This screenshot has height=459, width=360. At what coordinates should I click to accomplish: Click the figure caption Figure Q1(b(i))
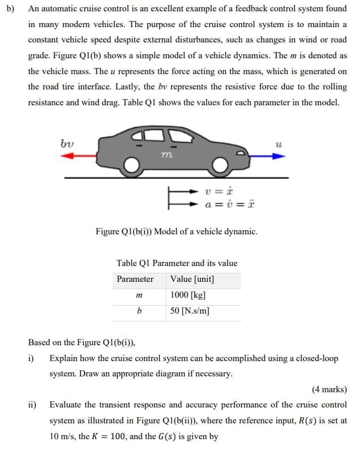click(x=177, y=231)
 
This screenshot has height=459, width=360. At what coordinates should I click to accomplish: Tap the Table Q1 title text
click(x=177, y=263)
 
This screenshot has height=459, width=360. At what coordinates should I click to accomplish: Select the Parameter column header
click(x=135, y=280)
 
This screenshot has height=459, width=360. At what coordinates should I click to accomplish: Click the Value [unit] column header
click(x=192, y=280)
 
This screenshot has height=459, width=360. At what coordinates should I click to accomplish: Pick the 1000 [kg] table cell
click(x=187, y=295)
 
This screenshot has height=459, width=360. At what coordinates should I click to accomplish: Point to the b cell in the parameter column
click(x=139, y=311)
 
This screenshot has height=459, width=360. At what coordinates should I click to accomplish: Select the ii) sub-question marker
click(x=33, y=405)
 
